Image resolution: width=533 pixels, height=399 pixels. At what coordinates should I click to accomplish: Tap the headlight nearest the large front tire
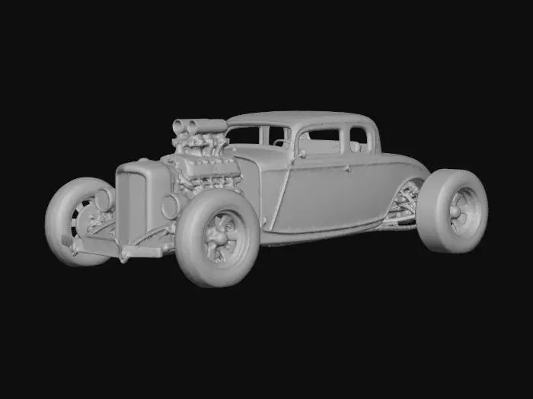[x=172, y=205]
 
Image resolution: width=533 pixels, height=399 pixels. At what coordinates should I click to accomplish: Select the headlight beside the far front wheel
[x=103, y=199]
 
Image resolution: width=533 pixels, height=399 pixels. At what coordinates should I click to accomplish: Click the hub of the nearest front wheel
[x=223, y=237]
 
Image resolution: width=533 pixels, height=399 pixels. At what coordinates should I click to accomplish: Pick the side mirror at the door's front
[x=302, y=154]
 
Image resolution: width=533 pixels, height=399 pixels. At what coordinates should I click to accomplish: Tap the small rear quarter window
[x=359, y=139]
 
